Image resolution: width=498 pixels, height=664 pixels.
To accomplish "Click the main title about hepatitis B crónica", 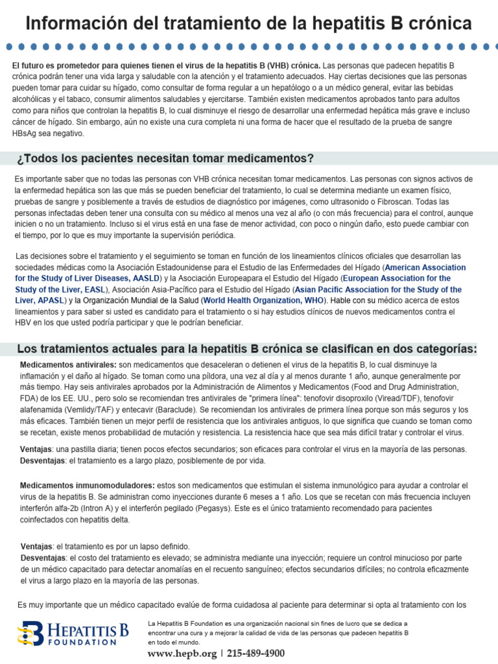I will point(249,25).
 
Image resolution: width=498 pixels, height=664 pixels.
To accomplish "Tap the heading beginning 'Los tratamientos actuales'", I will point(246,350).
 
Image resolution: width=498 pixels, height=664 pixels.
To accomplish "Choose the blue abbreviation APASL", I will point(47,300).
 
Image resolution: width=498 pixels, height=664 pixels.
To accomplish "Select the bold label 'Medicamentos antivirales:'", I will point(68,365).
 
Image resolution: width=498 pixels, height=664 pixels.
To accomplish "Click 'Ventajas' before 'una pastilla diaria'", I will point(36,449).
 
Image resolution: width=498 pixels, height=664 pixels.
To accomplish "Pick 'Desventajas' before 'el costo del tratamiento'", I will point(43,558).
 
